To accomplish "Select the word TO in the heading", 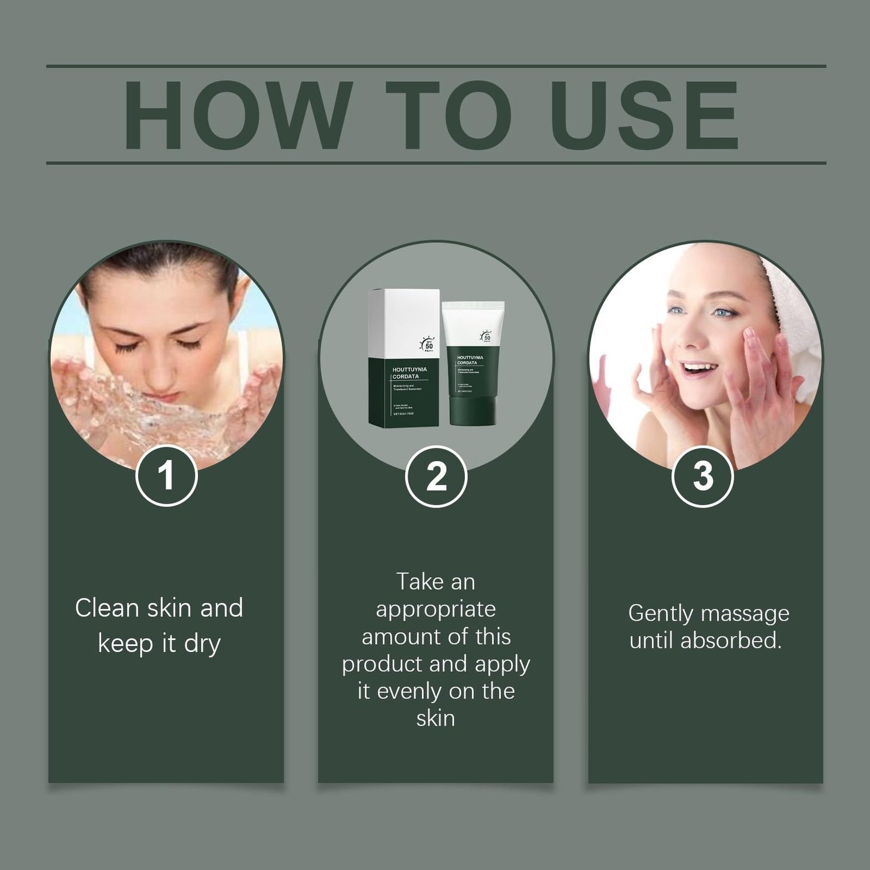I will point(448,114).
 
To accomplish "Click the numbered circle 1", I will point(166,476).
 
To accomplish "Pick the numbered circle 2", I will point(436,476).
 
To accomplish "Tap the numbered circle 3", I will point(702,476).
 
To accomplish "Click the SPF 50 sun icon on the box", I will point(427,344).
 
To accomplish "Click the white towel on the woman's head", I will point(795,313).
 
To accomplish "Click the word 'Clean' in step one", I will point(108,608).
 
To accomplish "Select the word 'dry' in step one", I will point(202,644).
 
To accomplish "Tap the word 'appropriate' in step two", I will point(436,610).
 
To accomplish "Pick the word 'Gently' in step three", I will point(660,614).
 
